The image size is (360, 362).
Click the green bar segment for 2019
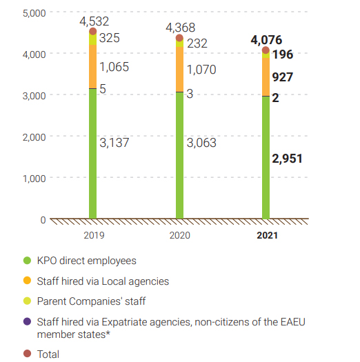click(x=92, y=154)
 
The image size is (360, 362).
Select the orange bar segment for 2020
click(x=179, y=69)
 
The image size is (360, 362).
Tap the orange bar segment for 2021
click(x=266, y=77)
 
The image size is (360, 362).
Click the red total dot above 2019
click(x=92, y=31)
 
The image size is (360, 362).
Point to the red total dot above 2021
click(x=266, y=50)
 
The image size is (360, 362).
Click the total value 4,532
click(x=94, y=21)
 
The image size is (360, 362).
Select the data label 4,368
click(x=181, y=28)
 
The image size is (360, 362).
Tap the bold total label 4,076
click(x=266, y=40)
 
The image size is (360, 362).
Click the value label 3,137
click(x=114, y=143)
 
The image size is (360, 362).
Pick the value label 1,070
click(x=201, y=69)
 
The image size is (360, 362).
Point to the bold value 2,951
click(x=287, y=159)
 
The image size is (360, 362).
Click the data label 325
click(x=110, y=38)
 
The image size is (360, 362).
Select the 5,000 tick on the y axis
click(x=34, y=13)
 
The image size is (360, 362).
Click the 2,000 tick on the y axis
click(x=34, y=137)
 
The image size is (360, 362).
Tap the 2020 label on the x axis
click(x=179, y=235)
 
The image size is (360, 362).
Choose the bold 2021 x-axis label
click(x=267, y=235)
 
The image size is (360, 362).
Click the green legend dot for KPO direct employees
click(x=28, y=261)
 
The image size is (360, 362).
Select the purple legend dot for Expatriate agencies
click(x=28, y=321)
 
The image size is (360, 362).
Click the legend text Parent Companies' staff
click(x=91, y=301)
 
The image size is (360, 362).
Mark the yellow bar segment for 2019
click(x=92, y=39)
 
